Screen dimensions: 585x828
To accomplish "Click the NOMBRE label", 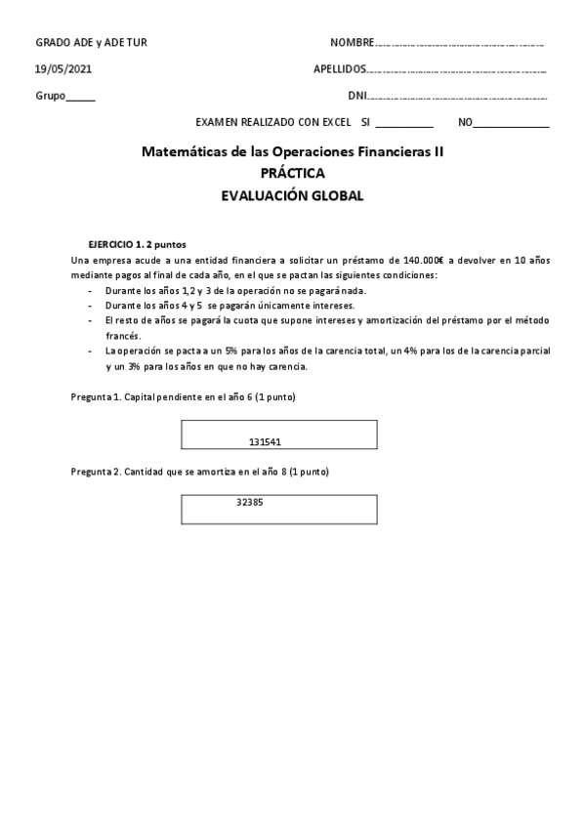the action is (352, 43).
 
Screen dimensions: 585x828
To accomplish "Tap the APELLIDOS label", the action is (340, 69).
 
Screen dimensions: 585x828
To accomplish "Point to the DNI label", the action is (357, 96).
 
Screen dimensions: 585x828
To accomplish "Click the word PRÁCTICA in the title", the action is (292, 174).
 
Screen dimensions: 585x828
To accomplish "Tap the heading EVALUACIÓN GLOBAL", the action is (292, 195).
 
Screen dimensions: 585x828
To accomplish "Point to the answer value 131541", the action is (266, 441).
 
